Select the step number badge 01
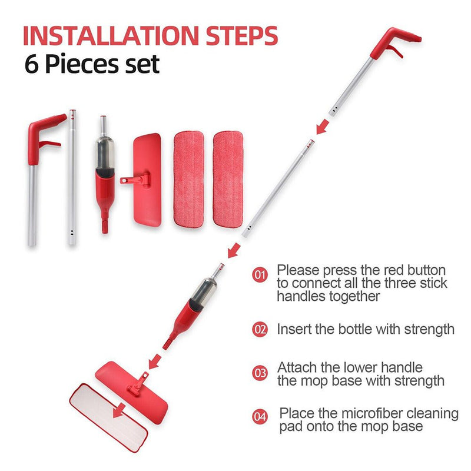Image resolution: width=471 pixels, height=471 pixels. tap(260, 274)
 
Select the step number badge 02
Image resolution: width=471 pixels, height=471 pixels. tap(260, 329)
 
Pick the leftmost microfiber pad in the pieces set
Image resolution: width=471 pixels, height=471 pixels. tap(188, 178)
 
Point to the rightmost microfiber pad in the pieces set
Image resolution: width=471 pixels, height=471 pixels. tap(227, 178)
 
